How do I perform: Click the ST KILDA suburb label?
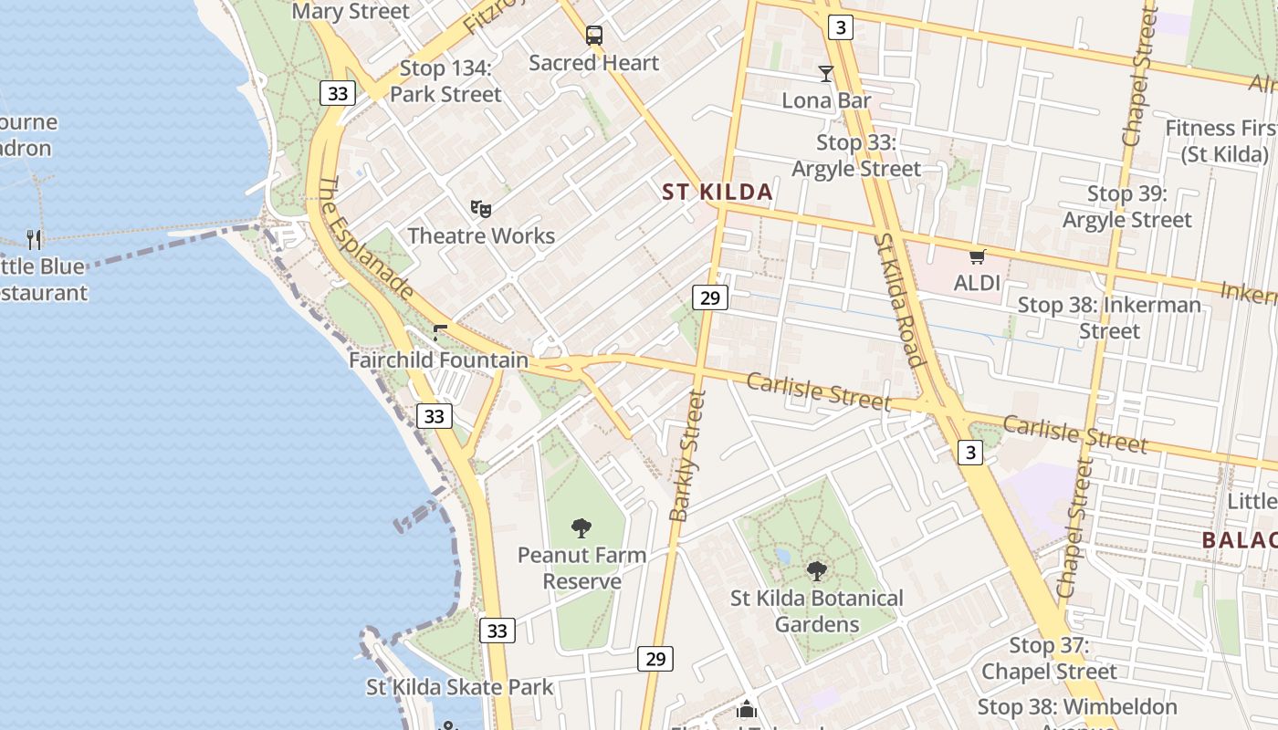(718, 192)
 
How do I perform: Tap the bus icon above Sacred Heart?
(594, 36)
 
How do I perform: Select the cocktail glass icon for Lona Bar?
(826, 74)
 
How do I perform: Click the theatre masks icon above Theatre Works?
(481, 209)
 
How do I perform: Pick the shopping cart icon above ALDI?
(978, 256)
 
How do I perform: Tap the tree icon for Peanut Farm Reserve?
(581, 527)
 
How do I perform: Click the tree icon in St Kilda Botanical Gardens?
(817, 571)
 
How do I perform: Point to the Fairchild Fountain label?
(438, 360)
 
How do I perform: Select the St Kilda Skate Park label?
(460, 687)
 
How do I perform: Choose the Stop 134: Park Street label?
(445, 81)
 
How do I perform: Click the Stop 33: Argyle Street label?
(856, 155)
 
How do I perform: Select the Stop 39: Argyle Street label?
(1127, 206)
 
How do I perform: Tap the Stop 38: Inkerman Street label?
(1109, 318)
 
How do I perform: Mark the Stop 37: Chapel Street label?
(1049, 658)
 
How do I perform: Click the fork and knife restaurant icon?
(34, 240)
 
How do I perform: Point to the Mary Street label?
(351, 11)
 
